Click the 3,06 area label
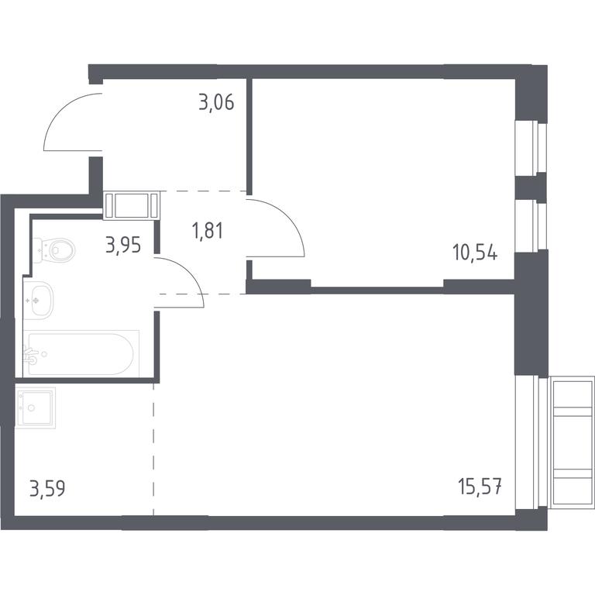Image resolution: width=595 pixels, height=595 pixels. point(216,102)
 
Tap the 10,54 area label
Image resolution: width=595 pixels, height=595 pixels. point(475,253)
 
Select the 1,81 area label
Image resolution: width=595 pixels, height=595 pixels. point(208,231)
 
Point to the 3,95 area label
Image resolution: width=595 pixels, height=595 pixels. point(123,244)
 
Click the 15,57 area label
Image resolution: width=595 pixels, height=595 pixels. point(480,487)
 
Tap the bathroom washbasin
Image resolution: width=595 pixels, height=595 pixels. point(38,301)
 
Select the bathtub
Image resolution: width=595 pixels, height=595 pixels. point(81,353)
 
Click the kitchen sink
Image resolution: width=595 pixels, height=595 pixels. point(36,408)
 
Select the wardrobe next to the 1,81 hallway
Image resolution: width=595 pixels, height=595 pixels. point(131,205)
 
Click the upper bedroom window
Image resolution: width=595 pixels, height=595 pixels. point(531,149)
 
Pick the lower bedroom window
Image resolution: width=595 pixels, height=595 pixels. point(531,226)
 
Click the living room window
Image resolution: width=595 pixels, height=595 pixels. point(531,443)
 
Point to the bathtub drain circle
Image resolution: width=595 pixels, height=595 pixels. point(44,354)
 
